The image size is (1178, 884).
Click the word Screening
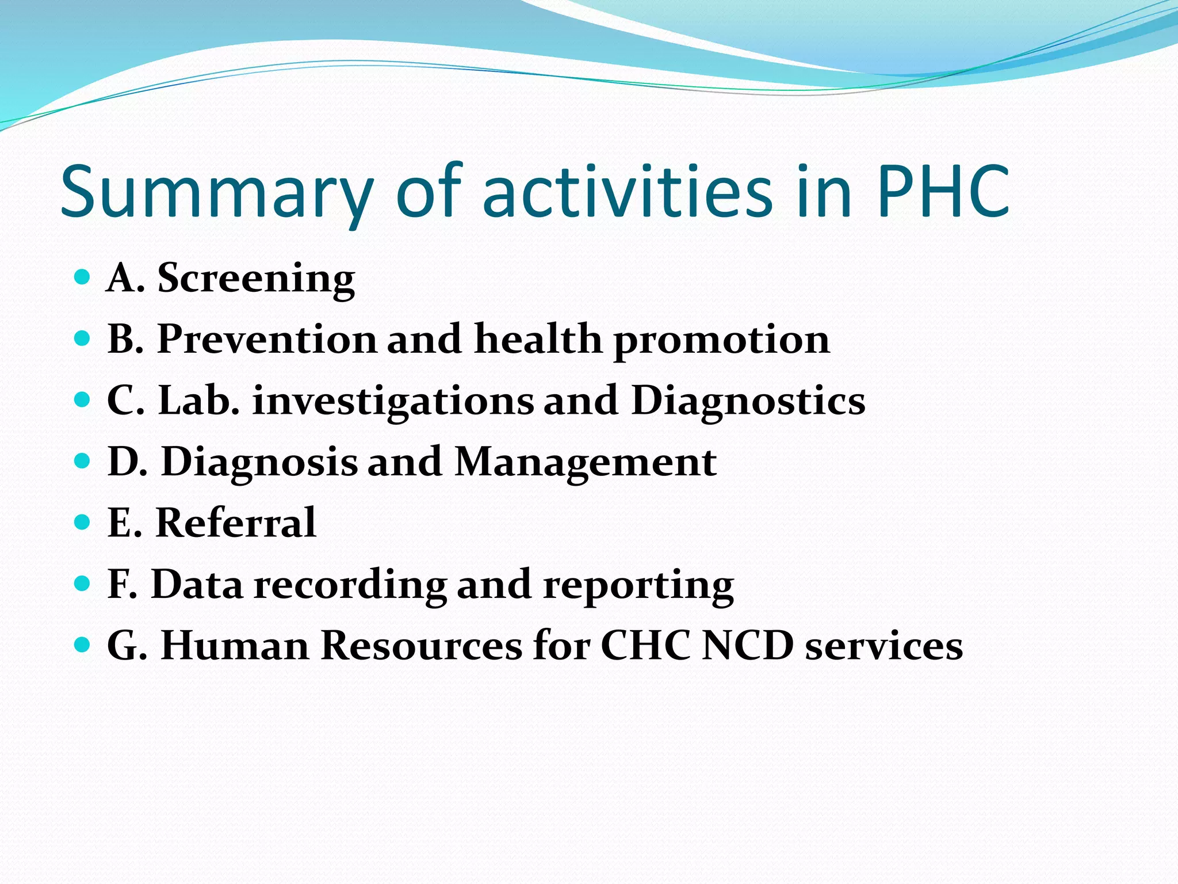click(256, 279)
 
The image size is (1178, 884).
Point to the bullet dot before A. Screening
click(83, 277)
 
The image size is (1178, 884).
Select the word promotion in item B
click(721, 340)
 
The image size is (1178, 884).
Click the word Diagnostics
click(748, 401)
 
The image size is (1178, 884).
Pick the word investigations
click(393, 402)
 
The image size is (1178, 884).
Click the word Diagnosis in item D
click(259, 462)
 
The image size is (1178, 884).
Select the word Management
click(585, 462)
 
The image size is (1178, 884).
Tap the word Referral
click(236, 523)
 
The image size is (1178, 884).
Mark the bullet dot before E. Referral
click(83, 523)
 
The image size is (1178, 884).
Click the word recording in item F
click(350, 585)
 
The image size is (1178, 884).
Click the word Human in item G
click(235, 646)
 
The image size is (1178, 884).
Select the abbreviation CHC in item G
click(645, 646)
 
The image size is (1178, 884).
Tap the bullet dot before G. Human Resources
click(83, 645)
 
